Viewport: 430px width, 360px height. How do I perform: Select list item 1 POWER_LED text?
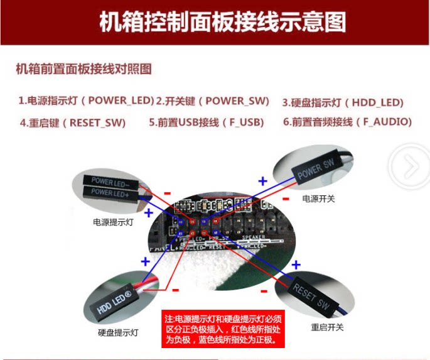(86, 101)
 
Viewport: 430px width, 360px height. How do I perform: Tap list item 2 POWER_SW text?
(212, 101)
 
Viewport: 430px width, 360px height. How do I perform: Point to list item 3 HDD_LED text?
(343, 102)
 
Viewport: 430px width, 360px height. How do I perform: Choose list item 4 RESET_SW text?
(73, 123)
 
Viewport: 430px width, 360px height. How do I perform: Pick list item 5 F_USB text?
(207, 123)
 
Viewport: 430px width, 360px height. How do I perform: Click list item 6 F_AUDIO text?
(347, 122)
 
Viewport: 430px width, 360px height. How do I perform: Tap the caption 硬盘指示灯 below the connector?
(118, 332)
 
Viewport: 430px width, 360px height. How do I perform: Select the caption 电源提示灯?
(113, 222)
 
